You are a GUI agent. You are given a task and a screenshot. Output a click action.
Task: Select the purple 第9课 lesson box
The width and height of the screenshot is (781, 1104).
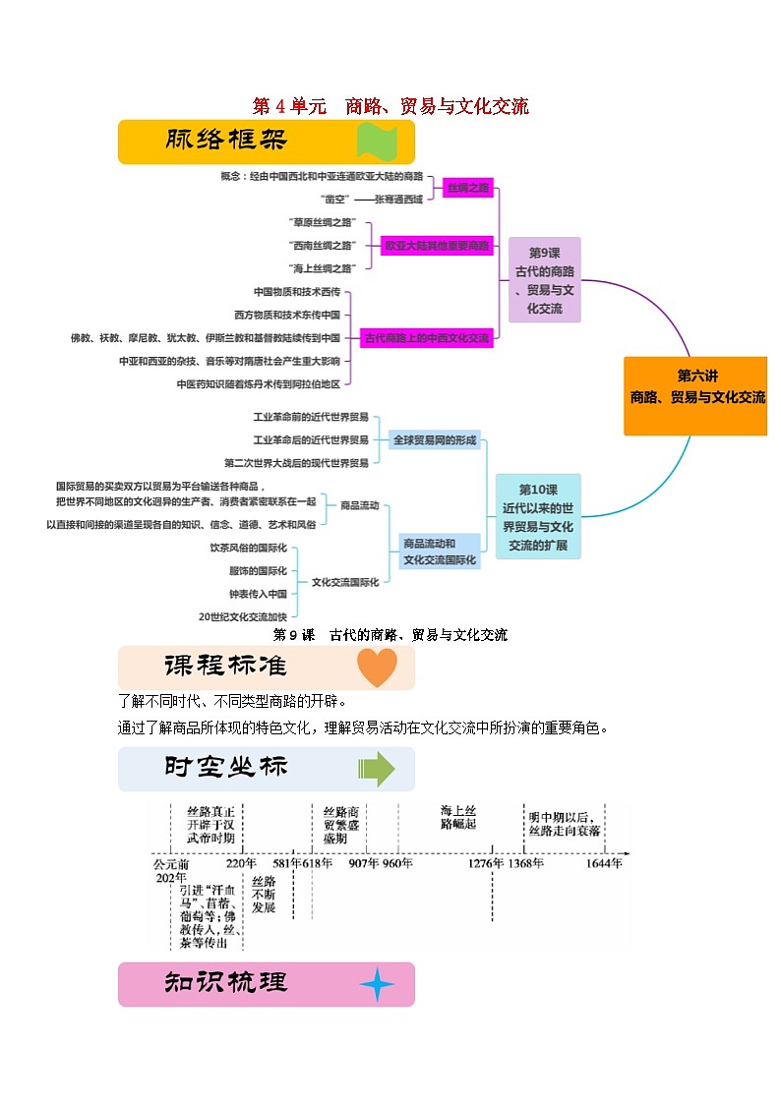544,279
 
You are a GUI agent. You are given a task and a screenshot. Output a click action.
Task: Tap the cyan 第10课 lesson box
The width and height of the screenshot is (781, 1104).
537,517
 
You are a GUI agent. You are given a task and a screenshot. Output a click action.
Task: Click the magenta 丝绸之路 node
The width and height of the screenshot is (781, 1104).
467,187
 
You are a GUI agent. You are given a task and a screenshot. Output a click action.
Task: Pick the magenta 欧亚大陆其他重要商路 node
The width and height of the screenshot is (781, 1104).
437,245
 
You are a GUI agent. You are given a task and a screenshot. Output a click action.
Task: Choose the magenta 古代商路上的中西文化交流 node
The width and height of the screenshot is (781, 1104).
426,337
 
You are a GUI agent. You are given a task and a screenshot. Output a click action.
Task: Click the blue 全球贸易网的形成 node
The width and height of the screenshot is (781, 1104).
434,440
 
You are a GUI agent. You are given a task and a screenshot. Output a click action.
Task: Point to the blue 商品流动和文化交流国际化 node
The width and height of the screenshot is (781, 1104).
440,552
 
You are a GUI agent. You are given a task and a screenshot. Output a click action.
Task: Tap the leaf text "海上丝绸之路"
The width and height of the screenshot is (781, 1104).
322,267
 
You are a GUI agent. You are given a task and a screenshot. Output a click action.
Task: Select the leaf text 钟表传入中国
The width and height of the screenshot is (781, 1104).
258,594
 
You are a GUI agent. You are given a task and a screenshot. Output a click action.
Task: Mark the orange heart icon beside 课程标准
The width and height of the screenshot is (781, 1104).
376,668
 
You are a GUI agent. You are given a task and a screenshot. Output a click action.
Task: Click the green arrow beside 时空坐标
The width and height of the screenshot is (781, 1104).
376,768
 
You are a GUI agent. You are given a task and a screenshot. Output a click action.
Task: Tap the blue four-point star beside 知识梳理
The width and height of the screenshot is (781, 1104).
376,984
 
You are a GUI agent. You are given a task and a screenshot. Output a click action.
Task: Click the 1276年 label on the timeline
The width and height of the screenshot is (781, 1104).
485,863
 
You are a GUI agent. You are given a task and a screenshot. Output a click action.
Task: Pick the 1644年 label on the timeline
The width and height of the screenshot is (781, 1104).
604,863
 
